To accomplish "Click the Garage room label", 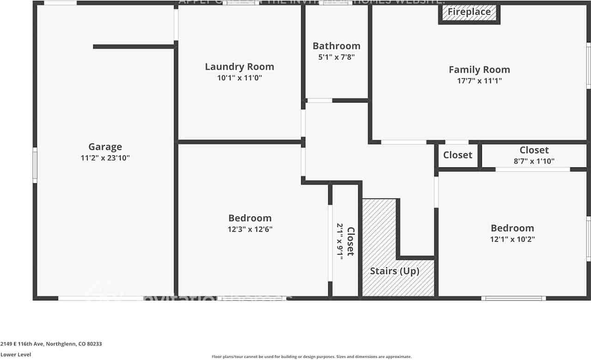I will pos(105,147).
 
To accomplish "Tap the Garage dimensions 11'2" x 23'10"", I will pos(105,158).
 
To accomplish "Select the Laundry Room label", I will pos(239,67).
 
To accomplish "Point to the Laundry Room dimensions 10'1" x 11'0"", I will pos(239,78).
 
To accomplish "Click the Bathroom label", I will pos(336,46).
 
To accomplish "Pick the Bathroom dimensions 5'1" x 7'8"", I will pos(336,57).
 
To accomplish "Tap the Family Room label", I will pos(479,70).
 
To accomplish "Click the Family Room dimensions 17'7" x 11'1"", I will pos(479,81).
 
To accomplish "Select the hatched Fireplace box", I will pos(469,12).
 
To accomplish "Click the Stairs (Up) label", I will pos(395,271).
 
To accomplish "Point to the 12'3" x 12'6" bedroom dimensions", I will pos(250,229).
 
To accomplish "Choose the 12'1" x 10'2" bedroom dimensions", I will pos(512,239).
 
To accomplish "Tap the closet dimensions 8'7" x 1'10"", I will pos(534,161).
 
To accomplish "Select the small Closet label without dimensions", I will pos(458,155).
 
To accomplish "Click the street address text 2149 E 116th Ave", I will pos(51,344).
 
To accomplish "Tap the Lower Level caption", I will pos(16,354).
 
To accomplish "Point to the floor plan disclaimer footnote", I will pos(311,356).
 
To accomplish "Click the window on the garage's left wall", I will pos(35,165).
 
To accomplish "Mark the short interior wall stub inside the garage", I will pos(133,47).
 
